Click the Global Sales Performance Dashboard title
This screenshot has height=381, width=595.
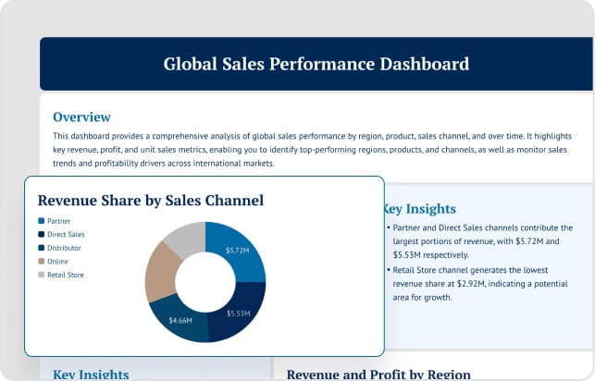(x=316, y=64)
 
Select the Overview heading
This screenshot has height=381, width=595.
(x=81, y=117)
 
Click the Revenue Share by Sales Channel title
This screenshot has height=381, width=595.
(x=150, y=200)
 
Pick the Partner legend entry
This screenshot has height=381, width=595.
(x=58, y=221)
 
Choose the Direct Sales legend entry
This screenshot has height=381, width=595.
(x=65, y=235)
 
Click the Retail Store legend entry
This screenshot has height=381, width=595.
(x=65, y=275)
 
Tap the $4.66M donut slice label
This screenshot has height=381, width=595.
(x=180, y=320)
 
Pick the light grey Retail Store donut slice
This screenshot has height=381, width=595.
(x=183, y=238)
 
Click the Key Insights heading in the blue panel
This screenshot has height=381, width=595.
(x=419, y=209)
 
